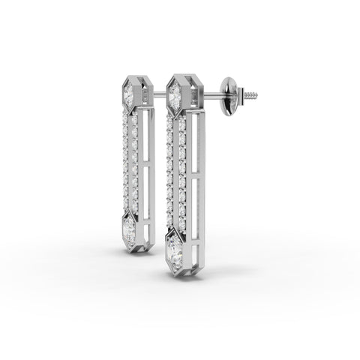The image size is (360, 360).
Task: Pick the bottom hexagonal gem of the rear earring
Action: point(128,224)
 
